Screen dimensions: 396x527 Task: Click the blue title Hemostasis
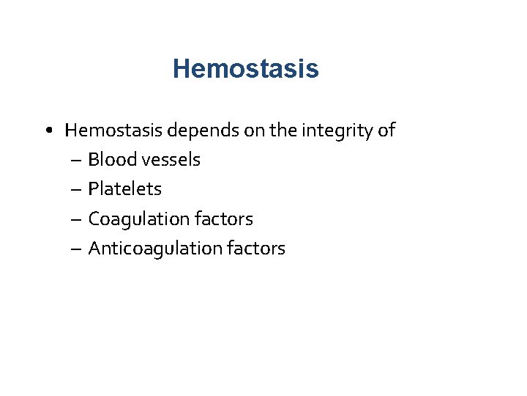[x=245, y=69]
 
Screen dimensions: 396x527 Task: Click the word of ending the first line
[x=386, y=131]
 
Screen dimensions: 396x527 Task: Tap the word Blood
[x=110, y=160]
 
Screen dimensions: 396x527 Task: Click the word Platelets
[x=124, y=189]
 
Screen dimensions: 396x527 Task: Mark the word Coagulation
[x=137, y=219]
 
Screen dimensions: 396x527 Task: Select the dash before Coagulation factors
[x=77, y=219]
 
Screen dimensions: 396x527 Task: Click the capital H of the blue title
[x=181, y=69]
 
